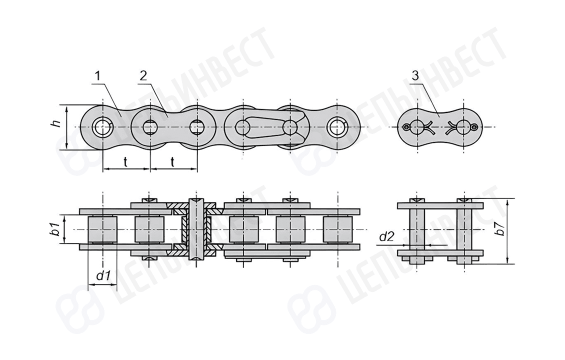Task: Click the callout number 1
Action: [97, 76]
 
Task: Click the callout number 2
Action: [143, 76]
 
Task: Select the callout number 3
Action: [415, 76]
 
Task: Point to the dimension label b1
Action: [55, 229]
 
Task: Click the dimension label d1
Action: [102, 276]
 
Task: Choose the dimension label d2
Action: [386, 237]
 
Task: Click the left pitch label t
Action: [125, 162]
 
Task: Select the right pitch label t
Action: [172, 162]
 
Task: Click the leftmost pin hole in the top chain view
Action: [103, 127]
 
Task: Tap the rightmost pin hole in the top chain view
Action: [337, 127]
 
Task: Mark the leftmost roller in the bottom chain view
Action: [102, 229]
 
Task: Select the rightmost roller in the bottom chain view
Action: [337, 229]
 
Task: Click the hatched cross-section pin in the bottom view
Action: [196, 229]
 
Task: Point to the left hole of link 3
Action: [417, 127]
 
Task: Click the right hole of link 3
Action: [463, 127]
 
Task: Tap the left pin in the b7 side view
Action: [417, 231]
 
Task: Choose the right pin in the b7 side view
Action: [463, 231]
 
